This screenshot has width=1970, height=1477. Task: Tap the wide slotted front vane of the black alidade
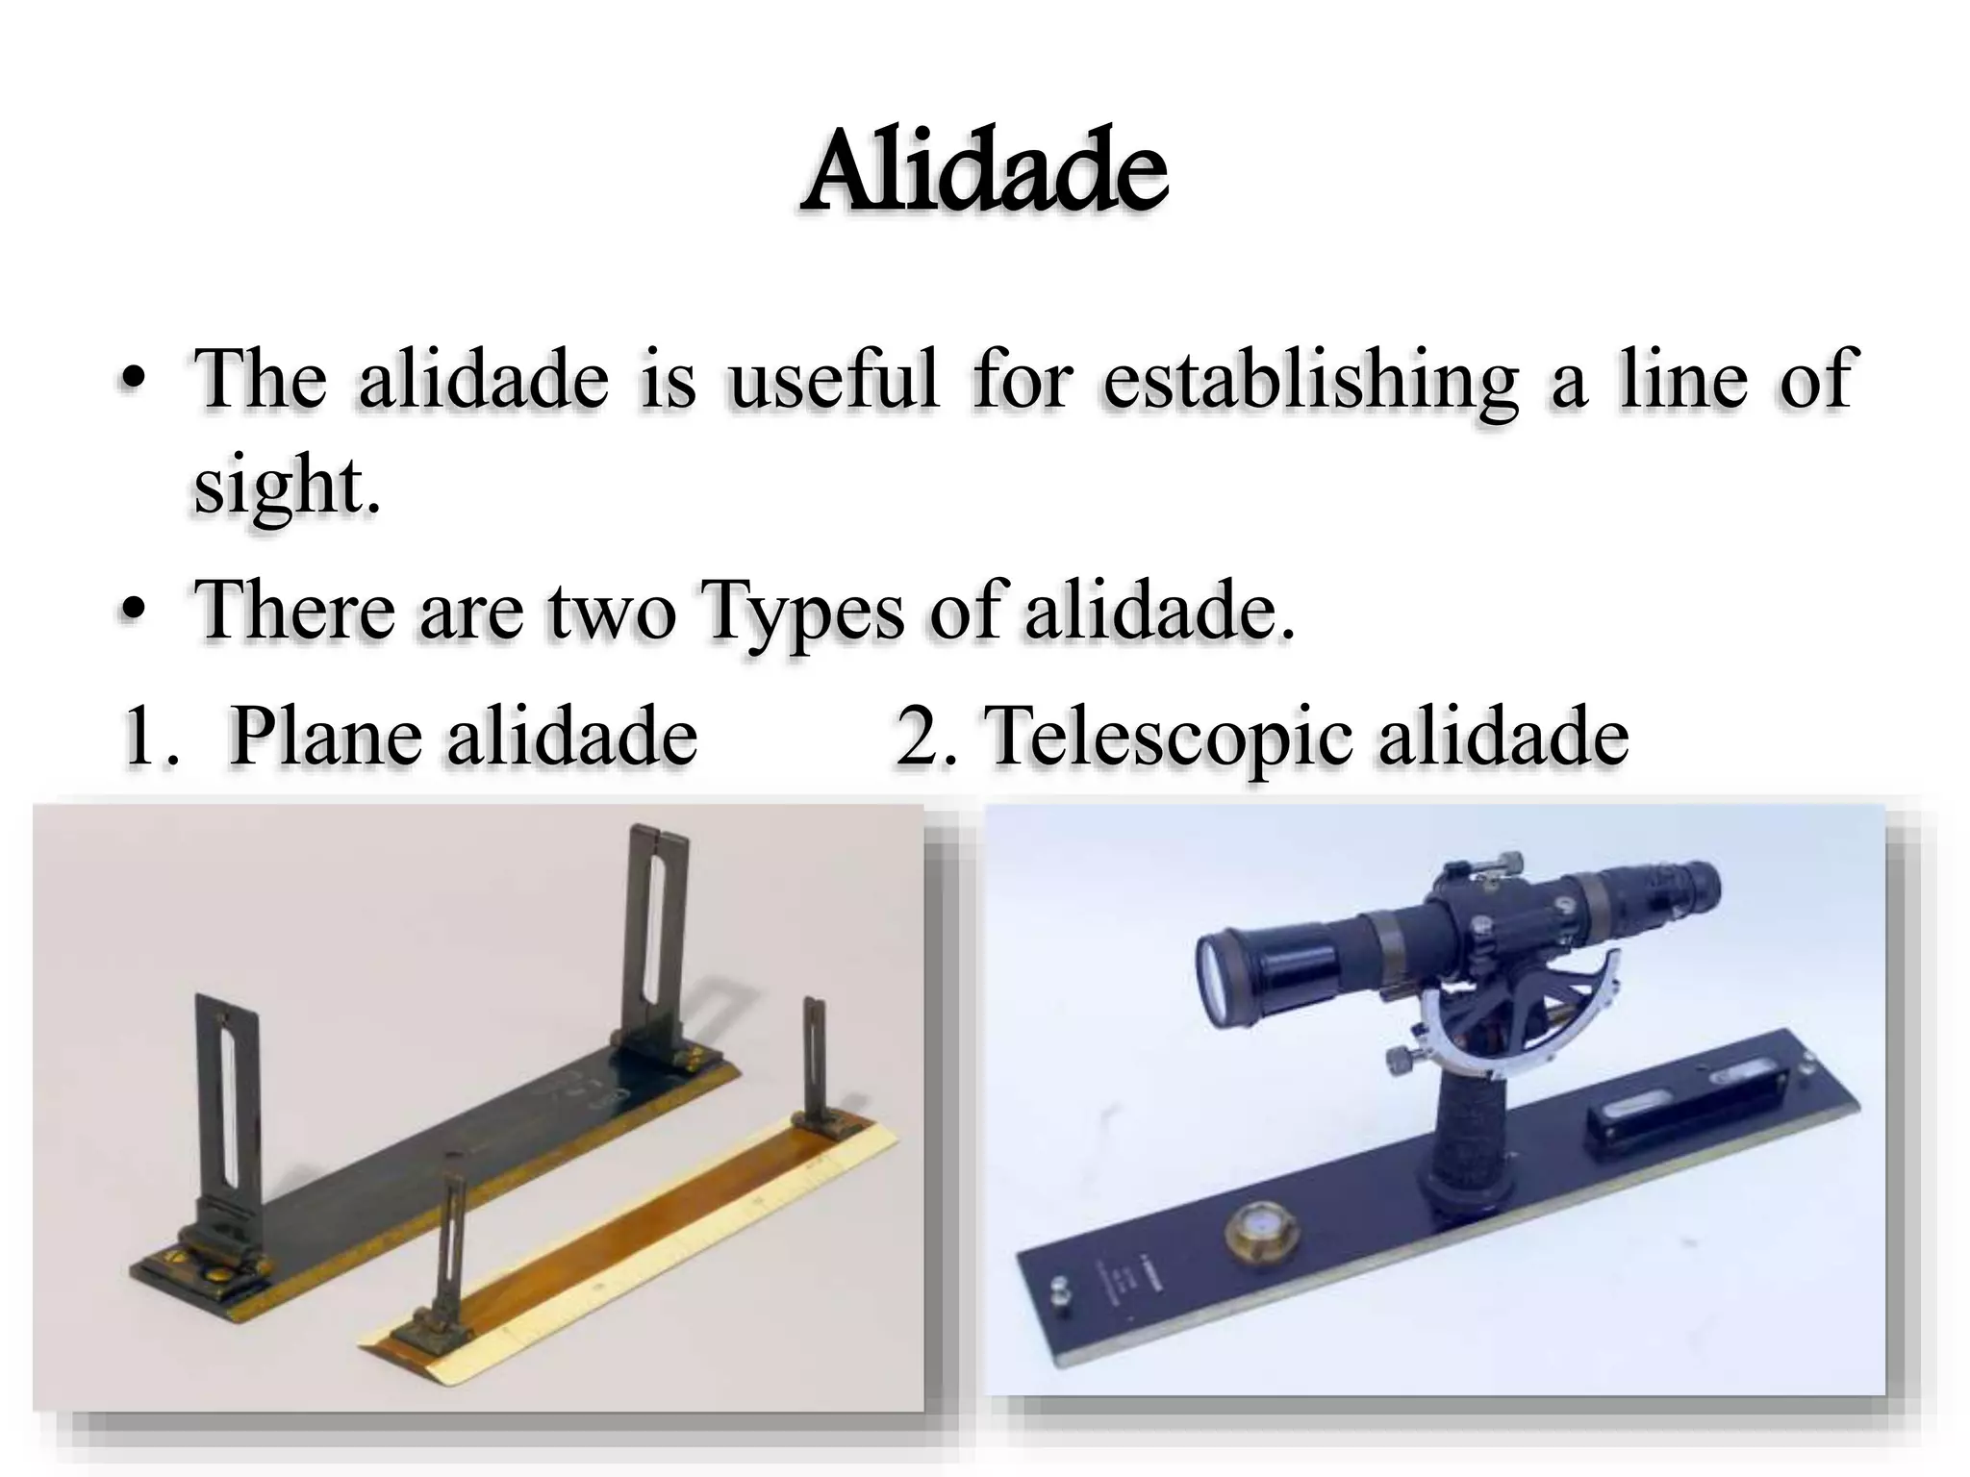pos(228,1106)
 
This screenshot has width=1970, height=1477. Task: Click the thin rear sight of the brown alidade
pos(816,1058)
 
